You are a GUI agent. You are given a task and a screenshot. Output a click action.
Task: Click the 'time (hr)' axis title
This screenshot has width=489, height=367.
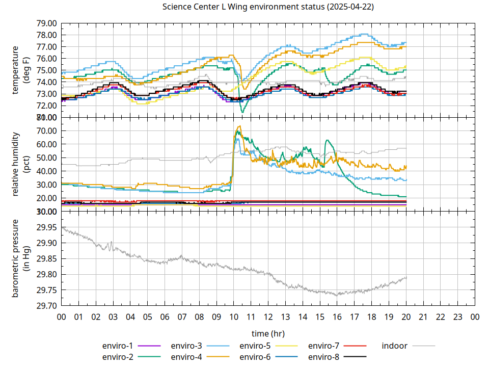[268, 333]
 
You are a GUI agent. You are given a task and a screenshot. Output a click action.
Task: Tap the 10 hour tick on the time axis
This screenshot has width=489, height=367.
[234, 317]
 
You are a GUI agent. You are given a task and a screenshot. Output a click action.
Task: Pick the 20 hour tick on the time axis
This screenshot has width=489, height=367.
[406, 317]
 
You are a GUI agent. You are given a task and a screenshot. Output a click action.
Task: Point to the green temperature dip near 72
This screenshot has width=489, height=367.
[242, 111]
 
